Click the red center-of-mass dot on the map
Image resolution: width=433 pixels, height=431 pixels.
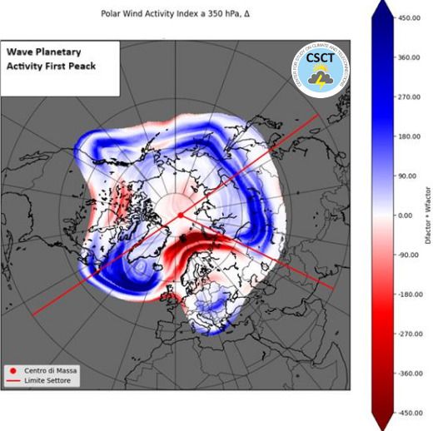click(x=180, y=215)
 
